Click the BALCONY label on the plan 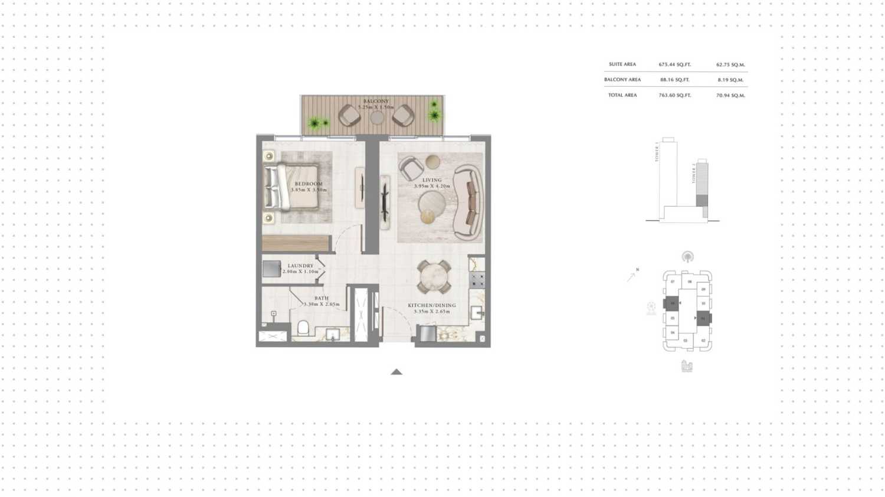(x=376, y=102)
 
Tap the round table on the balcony (x=377, y=117)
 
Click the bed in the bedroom (x=292, y=188)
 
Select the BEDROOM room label (x=309, y=184)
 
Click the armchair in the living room (x=410, y=169)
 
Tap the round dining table (x=434, y=276)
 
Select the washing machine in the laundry (x=271, y=269)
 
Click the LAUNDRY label (x=300, y=266)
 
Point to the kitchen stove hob (x=477, y=280)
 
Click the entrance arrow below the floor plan (x=396, y=372)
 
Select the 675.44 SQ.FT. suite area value (x=674, y=64)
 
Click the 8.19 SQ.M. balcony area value (x=730, y=80)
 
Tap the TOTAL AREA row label (x=622, y=95)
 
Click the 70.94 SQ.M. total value (x=730, y=95)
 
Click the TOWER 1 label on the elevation (x=657, y=151)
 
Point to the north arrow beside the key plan (x=632, y=276)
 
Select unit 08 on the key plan (x=690, y=282)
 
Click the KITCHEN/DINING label (x=432, y=305)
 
